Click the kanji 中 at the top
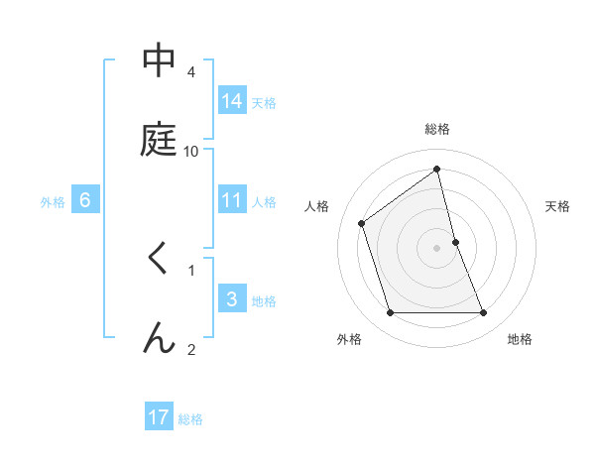coord(158,61)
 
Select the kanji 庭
coord(158,141)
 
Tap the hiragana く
coord(157,259)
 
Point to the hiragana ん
coord(158,338)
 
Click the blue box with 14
coord(232,100)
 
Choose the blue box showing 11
coord(232,200)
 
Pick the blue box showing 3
coord(232,298)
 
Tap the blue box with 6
coord(85,200)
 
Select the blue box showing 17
coord(159,417)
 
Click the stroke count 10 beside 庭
coord(191,151)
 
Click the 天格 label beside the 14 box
coord(264,102)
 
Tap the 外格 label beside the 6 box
coord(53,202)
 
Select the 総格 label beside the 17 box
coord(190,419)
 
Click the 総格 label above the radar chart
coord(437,129)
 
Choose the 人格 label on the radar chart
coord(317,206)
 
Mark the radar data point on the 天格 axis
coord(455,242)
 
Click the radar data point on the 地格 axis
coord(484,313)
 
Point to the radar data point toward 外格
coord(390,313)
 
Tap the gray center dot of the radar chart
coord(437,248)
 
